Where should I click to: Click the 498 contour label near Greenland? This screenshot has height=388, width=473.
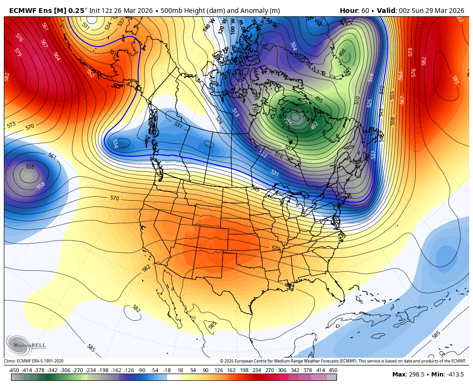tap(343, 53)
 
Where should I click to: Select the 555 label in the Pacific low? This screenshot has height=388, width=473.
tap(30, 167)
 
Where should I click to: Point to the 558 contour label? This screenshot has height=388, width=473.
tap(41, 185)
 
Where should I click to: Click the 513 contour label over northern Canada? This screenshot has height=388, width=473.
tap(236, 112)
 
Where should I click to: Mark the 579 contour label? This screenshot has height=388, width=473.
tap(18, 52)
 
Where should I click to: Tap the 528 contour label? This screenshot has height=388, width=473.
tap(219, 120)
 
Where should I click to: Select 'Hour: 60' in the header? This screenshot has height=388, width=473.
tap(355, 11)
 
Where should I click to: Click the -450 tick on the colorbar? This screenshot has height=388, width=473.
tap(14, 370)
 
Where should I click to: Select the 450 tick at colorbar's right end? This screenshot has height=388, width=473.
tap(333, 370)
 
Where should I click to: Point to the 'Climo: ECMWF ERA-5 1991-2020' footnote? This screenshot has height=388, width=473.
tap(34, 361)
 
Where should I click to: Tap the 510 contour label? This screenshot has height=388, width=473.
tap(357, 100)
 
